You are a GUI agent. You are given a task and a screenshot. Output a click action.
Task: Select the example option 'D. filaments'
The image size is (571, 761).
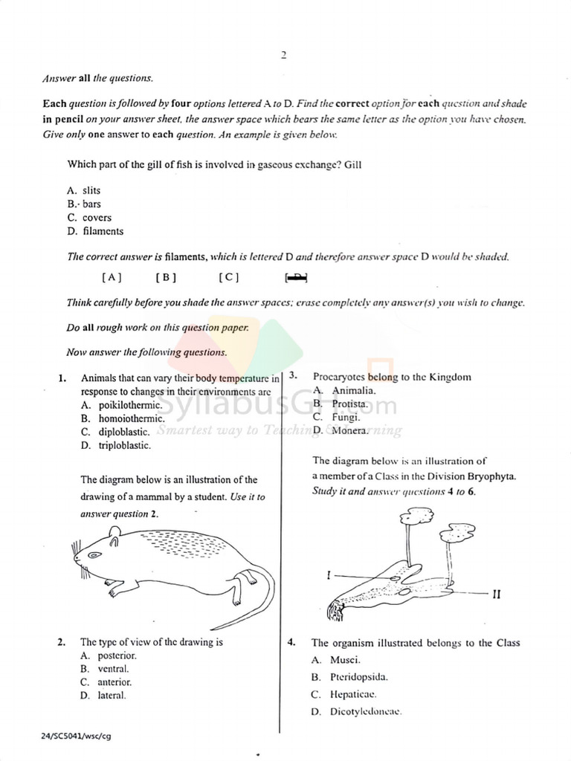(95, 231)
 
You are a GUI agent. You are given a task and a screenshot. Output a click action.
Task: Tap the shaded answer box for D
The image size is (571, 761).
(296, 278)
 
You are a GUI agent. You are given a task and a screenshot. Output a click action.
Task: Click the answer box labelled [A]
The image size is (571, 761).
(112, 278)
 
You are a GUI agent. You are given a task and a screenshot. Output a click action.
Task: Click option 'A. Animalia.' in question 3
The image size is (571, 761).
(344, 390)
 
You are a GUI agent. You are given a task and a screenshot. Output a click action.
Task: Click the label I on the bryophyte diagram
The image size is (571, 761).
(328, 574)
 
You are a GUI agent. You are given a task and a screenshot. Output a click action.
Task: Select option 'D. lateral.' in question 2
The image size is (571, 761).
(103, 696)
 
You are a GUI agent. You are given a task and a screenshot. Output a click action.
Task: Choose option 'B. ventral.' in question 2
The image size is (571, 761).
(104, 669)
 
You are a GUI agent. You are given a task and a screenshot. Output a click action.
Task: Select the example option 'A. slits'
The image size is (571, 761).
(84, 191)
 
